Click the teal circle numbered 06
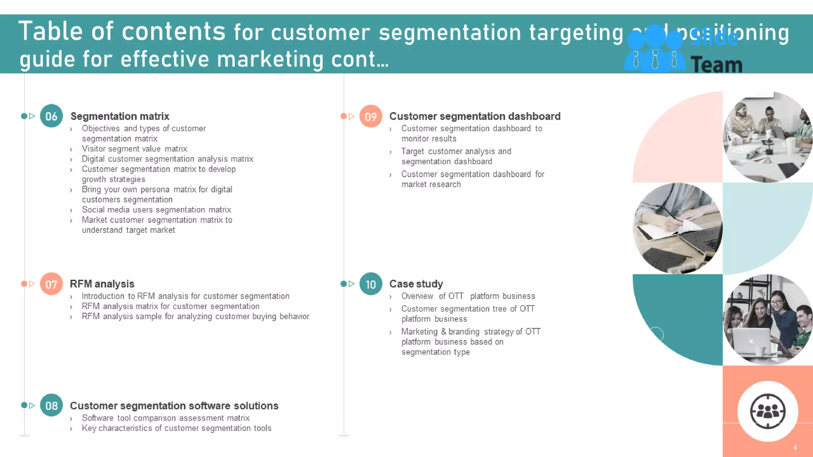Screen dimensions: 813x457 click(51, 116)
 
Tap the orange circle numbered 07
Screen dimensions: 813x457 click(51, 284)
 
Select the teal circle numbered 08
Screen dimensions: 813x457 click(51, 405)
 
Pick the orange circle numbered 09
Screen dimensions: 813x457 click(371, 116)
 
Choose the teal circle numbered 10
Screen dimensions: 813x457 click(371, 284)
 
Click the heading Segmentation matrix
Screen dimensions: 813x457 click(119, 116)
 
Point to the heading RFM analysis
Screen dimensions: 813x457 click(102, 284)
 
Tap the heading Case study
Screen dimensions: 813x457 click(416, 284)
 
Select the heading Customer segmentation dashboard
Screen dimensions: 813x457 click(475, 116)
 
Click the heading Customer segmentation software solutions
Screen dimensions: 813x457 click(174, 406)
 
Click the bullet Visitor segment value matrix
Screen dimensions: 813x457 click(134, 149)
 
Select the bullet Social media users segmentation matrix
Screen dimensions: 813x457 click(156, 210)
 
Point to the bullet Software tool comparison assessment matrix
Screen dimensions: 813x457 click(166, 418)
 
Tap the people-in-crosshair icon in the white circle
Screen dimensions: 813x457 click(768, 411)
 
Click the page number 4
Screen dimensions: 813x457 click(795, 448)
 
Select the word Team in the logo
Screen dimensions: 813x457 click(717, 65)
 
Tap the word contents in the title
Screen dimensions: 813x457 click(173, 32)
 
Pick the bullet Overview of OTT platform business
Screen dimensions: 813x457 click(468, 296)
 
